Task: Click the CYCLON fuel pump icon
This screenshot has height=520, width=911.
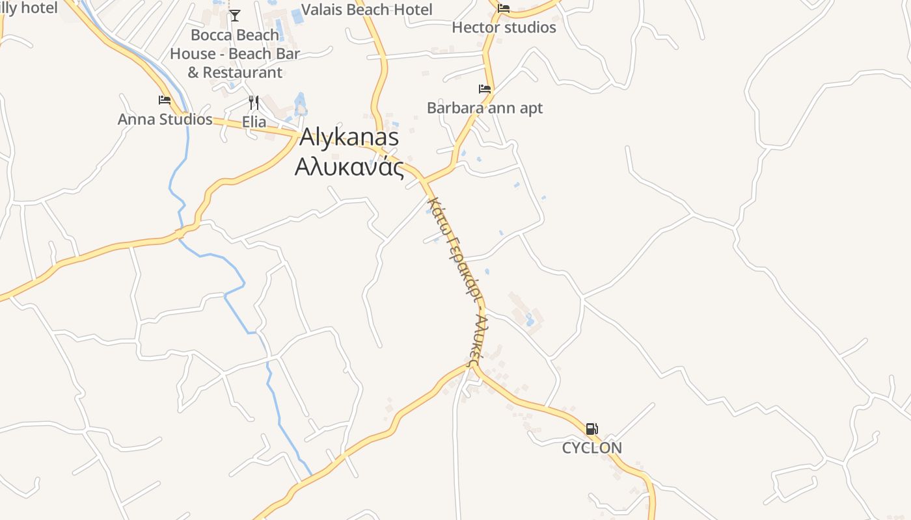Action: [591, 429]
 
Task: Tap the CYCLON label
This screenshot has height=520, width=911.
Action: [591, 448]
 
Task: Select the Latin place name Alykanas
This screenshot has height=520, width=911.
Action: [349, 137]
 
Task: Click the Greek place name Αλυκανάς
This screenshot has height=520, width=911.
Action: [349, 167]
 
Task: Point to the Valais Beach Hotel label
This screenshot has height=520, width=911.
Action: [367, 10]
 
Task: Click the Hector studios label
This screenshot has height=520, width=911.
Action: [504, 27]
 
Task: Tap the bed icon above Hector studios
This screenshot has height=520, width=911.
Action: [504, 8]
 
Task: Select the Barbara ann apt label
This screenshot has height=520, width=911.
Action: [484, 108]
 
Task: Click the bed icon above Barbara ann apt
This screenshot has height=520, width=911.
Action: [484, 89]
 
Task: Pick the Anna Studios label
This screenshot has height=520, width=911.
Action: [165, 120]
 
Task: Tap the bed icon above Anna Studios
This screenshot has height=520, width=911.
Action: [165, 100]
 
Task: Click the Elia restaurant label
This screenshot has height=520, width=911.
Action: [254, 122]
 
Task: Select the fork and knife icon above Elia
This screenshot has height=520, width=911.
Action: [254, 102]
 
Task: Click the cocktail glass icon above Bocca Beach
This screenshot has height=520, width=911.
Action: [234, 15]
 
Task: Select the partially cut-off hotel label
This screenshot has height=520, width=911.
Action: [29, 8]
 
